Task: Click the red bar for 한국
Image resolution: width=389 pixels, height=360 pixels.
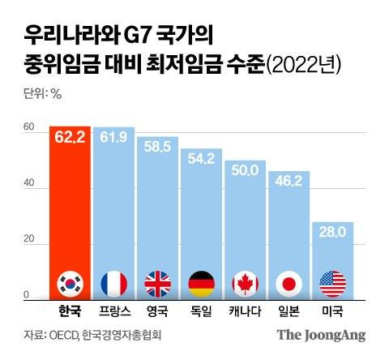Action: click(x=71, y=211)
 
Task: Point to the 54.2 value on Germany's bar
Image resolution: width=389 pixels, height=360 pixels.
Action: click(x=201, y=160)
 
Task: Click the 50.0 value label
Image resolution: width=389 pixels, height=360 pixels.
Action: click(x=245, y=170)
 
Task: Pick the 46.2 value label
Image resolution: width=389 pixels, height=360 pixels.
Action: click(x=289, y=182)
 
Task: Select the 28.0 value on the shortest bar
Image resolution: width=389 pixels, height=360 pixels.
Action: click(x=332, y=233)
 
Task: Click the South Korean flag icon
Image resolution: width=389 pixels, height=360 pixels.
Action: click(x=71, y=283)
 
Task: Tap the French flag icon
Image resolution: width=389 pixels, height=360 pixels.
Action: click(x=114, y=283)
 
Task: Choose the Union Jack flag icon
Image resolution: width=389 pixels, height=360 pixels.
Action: click(x=158, y=283)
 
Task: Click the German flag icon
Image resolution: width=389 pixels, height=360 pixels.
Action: click(x=201, y=283)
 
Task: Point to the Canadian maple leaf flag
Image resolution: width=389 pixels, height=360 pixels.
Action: click(x=245, y=283)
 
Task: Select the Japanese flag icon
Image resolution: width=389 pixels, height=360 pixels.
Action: click(x=289, y=283)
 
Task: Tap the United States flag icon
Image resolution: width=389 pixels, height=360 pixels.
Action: click(x=332, y=283)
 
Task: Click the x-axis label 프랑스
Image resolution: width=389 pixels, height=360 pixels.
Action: click(x=114, y=311)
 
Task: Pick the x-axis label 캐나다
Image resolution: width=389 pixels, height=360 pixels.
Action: click(x=245, y=311)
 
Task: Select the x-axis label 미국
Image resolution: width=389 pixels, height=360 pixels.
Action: click(x=332, y=311)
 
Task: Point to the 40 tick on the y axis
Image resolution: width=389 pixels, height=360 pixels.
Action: click(x=28, y=183)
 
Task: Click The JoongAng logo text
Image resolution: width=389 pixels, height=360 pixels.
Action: click(x=321, y=335)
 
